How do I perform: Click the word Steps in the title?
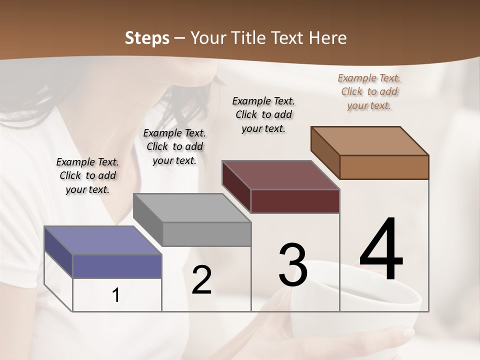[147, 38]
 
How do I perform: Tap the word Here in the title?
[328, 38]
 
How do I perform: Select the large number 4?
[381, 250]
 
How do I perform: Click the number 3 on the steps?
[293, 265]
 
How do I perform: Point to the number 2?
[201, 280]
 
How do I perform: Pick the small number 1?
[116, 295]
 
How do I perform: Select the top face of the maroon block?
[280, 175]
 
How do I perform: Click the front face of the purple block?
[117, 266]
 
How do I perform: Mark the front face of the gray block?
[206, 234]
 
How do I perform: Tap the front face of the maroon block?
[295, 201]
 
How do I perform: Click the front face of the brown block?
[384, 167]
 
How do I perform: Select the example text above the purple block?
[87, 175]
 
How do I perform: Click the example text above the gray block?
[174, 146]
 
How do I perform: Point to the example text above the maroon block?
[263, 114]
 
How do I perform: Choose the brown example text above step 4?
[369, 91]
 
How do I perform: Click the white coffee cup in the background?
[360, 320]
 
